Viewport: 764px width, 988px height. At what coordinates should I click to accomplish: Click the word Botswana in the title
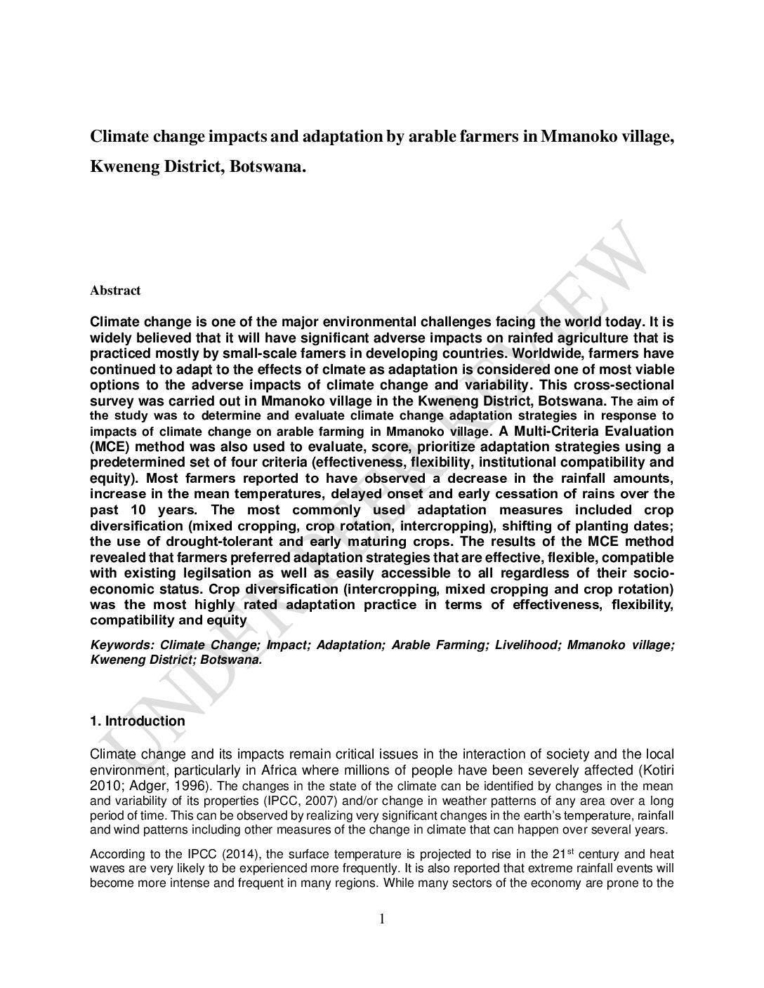click(268, 168)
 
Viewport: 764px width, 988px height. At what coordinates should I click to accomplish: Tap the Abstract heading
click(115, 291)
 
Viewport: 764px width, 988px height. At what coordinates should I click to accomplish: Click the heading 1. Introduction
click(138, 721)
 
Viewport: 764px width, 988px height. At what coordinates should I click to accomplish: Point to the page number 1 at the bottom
click(382, 919)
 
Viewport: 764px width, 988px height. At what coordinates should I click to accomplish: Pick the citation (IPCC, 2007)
click(311, 801)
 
